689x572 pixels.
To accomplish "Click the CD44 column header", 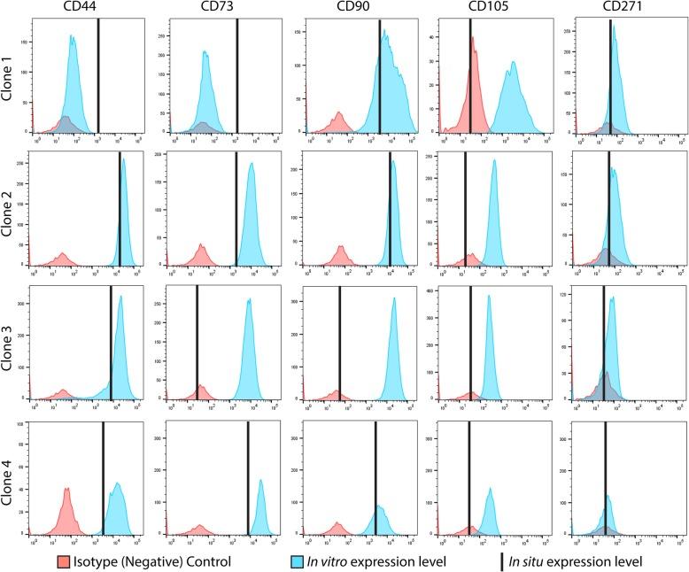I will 87,8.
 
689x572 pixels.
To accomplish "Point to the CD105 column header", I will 490,8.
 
